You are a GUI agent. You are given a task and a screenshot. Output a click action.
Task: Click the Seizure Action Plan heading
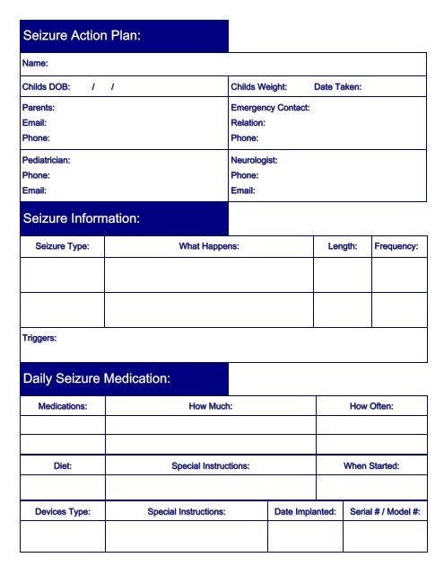(82, 36)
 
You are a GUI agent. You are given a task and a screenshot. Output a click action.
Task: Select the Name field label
(35, 64)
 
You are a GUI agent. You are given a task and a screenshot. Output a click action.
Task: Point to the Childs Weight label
(258, 87)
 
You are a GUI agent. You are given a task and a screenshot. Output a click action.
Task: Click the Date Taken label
(337, 87)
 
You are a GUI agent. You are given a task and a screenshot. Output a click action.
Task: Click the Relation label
(248, 122)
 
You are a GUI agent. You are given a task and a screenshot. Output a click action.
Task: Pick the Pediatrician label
(46, 160)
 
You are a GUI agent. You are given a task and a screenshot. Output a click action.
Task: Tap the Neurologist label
(254, 160)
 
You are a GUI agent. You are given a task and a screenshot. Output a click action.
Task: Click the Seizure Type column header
(62, 246)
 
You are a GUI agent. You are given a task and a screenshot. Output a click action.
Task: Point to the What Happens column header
(209, 246)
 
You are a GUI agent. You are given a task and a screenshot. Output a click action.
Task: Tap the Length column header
(342, 246)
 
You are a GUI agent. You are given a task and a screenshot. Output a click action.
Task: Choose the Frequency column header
(396, 246)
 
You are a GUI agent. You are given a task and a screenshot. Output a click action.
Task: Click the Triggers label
(39, 338)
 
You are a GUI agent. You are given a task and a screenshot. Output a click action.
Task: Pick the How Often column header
(371, 406)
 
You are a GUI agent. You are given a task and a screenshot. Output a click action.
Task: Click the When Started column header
(371, 466)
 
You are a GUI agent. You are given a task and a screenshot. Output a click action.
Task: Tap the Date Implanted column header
(305, 511)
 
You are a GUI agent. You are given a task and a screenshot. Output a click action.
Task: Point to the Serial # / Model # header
(385, 511)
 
